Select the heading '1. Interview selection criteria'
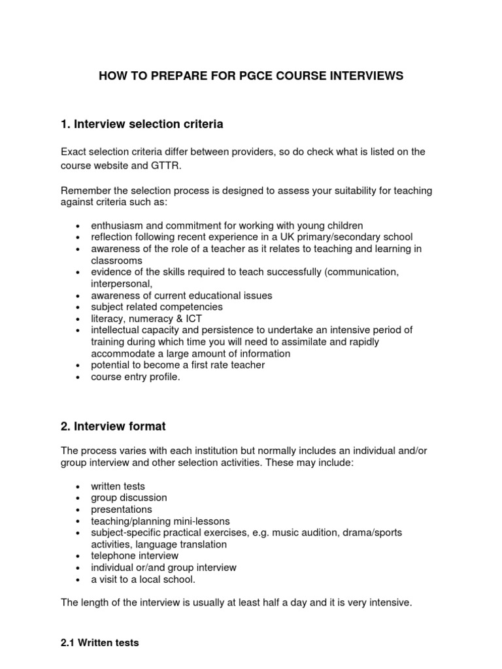142,123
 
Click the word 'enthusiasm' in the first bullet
115,225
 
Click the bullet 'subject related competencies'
156,306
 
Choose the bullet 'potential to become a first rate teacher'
178,365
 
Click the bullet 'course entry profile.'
135,377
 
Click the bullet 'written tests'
118,486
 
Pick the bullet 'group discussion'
129,498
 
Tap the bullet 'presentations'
121,510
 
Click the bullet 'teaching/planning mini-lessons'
160,521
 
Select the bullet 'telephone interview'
134,556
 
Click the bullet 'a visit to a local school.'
143,579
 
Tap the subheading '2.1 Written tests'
99,643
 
